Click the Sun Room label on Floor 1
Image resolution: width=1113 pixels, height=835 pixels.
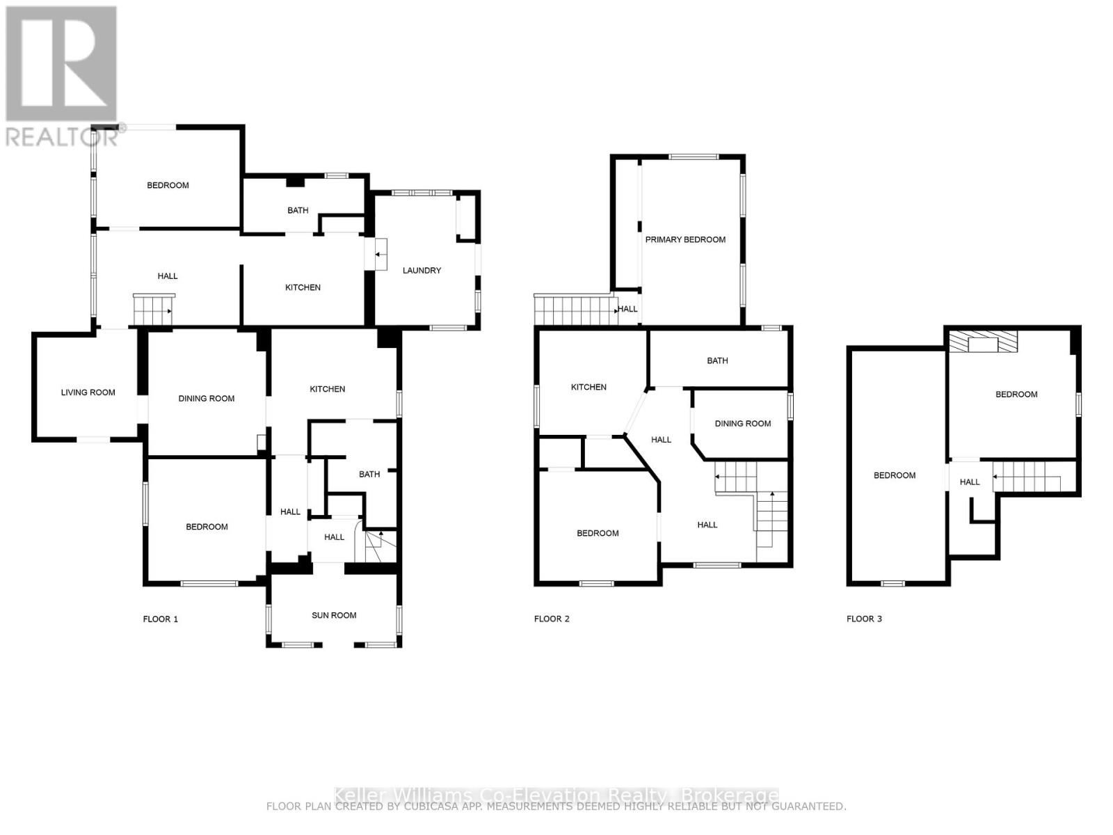tap(334, 615)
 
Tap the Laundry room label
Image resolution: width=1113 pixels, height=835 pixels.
tap(422, 270)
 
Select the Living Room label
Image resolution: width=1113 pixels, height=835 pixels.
tap(88, 392)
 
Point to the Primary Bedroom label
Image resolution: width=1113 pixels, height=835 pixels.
tap(685, 239)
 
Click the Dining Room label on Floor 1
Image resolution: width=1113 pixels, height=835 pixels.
tap(207, 399)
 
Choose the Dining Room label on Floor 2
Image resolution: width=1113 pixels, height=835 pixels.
tap(742, 423)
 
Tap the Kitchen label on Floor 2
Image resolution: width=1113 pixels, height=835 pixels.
tap(588, 387)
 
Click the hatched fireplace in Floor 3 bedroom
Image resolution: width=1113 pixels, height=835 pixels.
tap(984, 342)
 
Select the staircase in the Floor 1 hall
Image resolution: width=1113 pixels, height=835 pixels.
tap(153, 309)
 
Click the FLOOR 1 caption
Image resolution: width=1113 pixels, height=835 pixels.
tap(161, 619)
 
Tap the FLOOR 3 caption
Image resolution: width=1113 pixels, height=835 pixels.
tap(864, 619)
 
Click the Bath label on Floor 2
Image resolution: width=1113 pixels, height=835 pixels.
tap(717, 360)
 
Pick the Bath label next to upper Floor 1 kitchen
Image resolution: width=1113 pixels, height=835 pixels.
tap(298, 210)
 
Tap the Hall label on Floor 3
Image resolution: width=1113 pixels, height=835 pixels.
tap(970, 482)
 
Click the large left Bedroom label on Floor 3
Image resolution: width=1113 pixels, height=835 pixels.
tap(895, 475)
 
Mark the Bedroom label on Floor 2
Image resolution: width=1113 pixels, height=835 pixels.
tap(598, 533)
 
